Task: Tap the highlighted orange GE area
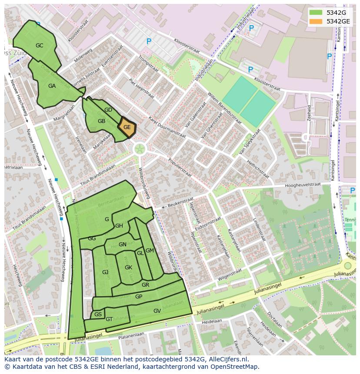pyautogui.click(x=127, y=128)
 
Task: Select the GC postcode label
pyautogui.click(x=40, y=46)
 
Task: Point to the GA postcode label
pyautogui.click(x=52, y=86)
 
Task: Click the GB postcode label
pyautogui.click(x=101, y=121)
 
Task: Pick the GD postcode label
pyautogui.click(x=108, y=110)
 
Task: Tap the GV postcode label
pyautogui.click(x=157, y=311)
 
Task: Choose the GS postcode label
pyautogui.click(x=98, y=314)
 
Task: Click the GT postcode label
pyautogui.click(x=109, y=319)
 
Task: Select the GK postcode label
pyautogui.click(x=128, y=268)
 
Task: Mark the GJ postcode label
pyautogui.click(x=105, y=272)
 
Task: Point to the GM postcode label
pyautogui.click(x=150, y=251)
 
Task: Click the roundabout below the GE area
pyautogui.click(x=140, y=149)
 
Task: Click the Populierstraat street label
pyautogui.click(x=179, y=165)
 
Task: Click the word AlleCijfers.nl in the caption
pyautogui.click(x=228, y=359)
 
